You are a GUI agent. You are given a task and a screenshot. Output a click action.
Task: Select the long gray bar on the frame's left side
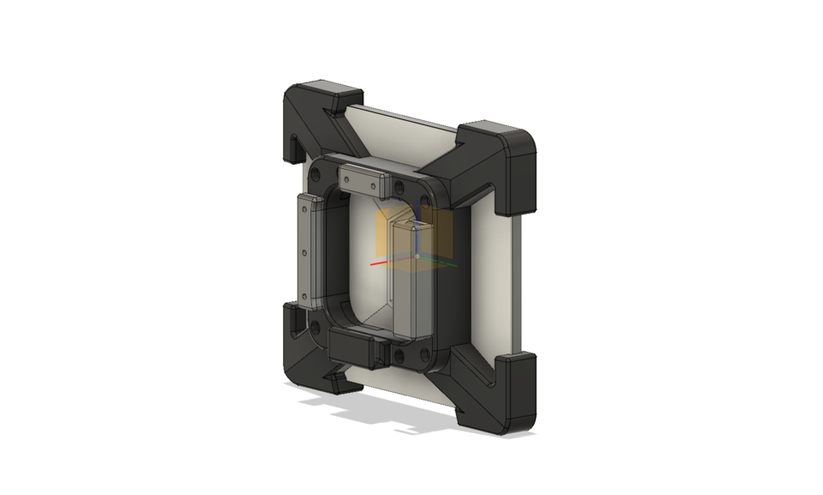pos(307,249)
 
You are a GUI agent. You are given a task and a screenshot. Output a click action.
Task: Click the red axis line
pos(381,263)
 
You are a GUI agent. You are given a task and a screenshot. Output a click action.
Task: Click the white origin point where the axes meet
pos(418,257)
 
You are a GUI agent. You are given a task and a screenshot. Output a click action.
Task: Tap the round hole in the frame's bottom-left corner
pos(317,327)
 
